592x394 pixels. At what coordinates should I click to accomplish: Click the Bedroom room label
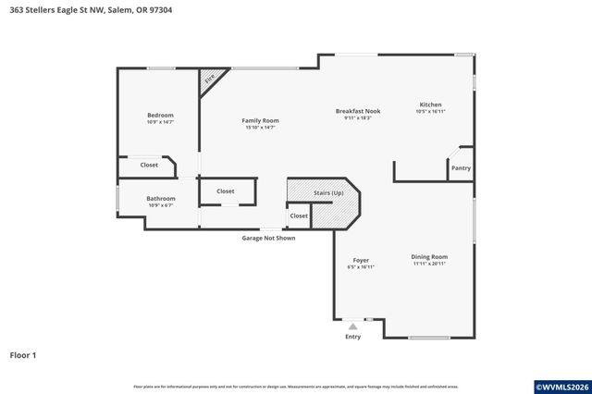click(160, 115)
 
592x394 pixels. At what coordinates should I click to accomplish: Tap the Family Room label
click(260, 120)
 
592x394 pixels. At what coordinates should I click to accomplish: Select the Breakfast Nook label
click(357, 111)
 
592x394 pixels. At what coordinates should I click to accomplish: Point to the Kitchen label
click(430, 105)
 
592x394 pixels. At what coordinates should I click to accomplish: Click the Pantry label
click(460, 168)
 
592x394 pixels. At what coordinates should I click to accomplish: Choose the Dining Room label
click(429, 256)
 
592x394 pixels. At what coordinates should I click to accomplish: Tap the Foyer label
click(361, 260)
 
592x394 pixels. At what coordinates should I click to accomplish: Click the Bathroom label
click(160, 198)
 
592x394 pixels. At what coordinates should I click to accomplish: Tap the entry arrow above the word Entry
click(352, 326)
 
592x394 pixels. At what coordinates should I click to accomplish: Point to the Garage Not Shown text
click(268, 238)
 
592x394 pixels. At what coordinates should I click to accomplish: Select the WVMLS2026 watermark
click(558, 385)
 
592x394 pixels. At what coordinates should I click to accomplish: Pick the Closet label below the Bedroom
click(148, 165)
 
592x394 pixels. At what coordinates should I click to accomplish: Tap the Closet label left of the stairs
click(225, 191)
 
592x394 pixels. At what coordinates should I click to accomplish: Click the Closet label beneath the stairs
click(298, 215)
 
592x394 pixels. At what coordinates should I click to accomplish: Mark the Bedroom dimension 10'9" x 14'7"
click(160, 122)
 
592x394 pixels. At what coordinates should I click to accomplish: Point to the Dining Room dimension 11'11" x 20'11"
click(429, 264)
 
